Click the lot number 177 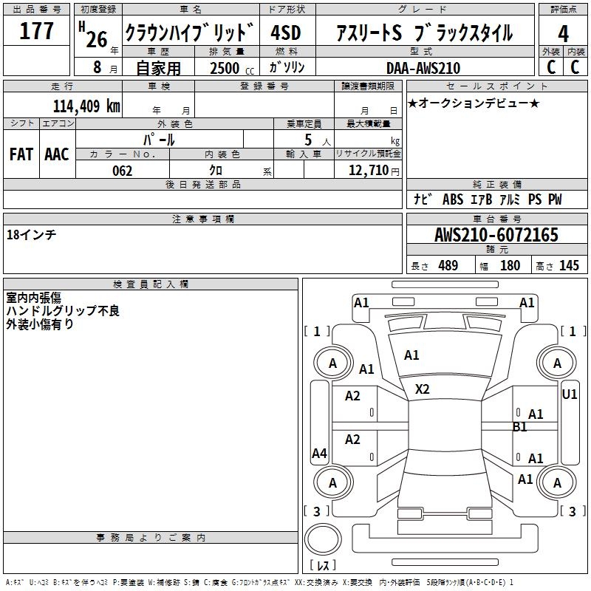coord(37,31)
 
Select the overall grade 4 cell coord(563,33)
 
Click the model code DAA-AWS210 coord(424,68)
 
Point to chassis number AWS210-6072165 coord(496,235)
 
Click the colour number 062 coord(122,171)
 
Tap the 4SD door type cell coord(287,33)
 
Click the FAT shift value coord(21,154)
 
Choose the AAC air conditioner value coord(57,154)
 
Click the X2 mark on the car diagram coord(423,389)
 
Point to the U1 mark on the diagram coord(570,394)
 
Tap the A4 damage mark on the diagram coord(319,454)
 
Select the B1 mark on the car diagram coord(520,427)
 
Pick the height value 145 coord(569,265)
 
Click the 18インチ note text coord(31,234)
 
